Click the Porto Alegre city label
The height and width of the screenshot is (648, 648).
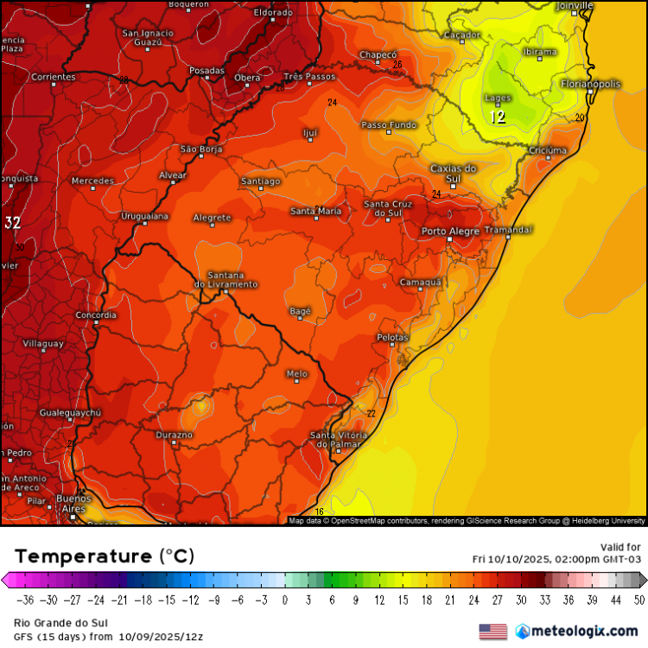[450, 231]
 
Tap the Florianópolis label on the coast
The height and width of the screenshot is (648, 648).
[590, 84]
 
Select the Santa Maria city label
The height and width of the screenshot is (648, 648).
[315, 211]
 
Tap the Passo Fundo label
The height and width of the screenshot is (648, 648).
[388, 125]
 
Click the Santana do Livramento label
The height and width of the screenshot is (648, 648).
[226, 279]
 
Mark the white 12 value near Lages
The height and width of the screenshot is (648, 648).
[498, 118]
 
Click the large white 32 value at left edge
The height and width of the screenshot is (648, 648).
[12, 223]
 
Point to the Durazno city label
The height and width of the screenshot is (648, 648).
[174, 435]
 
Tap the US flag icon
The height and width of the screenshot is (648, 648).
[493, 632]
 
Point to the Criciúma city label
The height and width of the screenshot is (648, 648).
[547, 150]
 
